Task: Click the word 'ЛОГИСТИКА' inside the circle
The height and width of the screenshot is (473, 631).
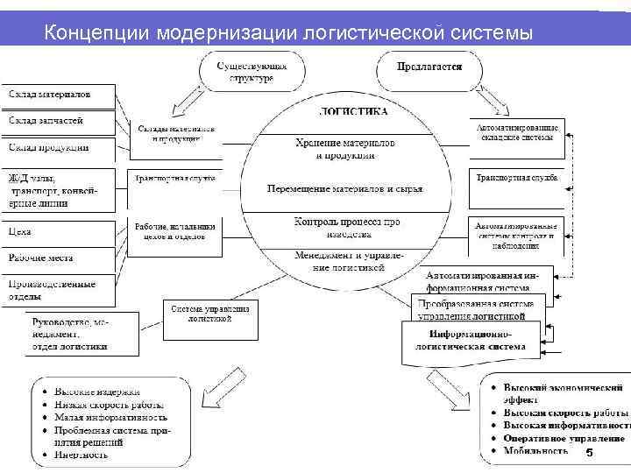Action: point(354,112)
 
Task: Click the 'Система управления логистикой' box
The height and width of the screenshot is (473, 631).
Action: point(210,314)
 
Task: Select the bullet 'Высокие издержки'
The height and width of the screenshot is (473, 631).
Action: point(97,392)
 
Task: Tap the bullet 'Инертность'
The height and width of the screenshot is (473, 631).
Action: point(82,455)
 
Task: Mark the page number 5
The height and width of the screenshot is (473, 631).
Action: point(589,453)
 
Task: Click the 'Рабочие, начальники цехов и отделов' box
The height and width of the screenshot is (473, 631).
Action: point(174,230)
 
